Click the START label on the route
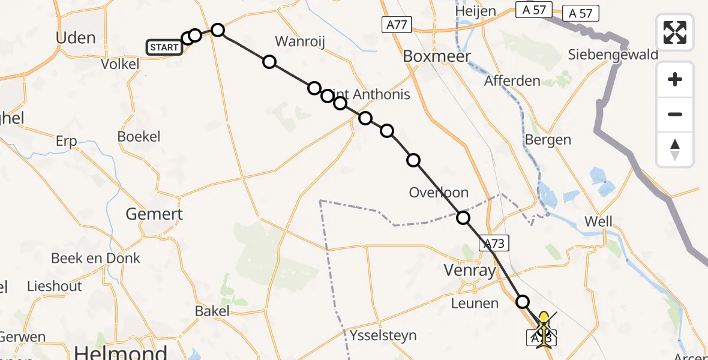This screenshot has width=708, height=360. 164,47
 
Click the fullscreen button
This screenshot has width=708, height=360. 675,32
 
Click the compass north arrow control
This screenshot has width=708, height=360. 675,149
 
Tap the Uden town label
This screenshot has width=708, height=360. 75,38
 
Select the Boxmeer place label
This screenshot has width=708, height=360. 437,56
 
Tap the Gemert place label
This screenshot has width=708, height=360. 154,214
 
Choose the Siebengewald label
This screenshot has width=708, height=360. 613,55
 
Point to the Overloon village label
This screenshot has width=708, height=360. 439,193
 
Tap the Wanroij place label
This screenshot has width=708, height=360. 300,41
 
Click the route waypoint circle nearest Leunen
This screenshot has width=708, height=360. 523,302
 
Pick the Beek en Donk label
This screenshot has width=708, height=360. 95,258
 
